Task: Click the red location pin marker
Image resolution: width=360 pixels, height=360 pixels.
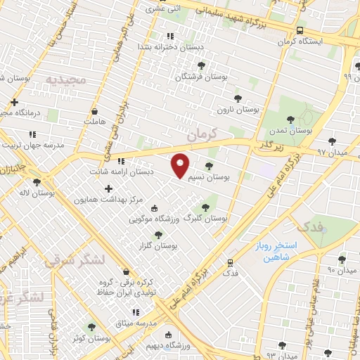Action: point(181,165)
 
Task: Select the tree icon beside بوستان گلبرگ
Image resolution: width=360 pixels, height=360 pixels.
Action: point(205,207)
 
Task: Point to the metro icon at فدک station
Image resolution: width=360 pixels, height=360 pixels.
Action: point(230,263)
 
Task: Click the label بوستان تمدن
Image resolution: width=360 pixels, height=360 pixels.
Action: point(295,131)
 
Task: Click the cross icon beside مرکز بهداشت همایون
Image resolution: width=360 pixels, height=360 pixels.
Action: point(108,188)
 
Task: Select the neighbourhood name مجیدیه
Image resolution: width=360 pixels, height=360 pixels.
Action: point(65,81)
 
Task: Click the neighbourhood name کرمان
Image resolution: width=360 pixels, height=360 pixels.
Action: point(210,131)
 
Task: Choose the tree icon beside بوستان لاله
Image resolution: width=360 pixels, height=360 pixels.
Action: point(37,181)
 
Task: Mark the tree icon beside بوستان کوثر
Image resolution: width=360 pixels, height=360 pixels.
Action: point(90,327)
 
